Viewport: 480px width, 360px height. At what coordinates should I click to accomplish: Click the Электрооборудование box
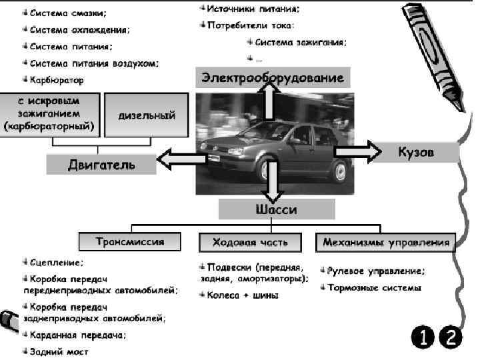pyautogui.click(x=272, y=78)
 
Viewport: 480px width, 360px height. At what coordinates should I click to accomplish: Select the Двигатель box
pyautogui.click(x=101, y=164)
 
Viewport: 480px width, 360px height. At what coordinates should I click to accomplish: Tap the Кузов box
pyautogui.click(x=416, y=153)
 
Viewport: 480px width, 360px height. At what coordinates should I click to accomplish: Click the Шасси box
pyautogui.click(x=276, y=209)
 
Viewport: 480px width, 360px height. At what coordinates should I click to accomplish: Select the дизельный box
pyautogui.click(x=147, y=115)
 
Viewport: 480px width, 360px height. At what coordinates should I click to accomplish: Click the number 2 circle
pyautogui.click(x=450, y=337)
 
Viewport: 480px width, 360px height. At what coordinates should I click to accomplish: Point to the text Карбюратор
pyautogui.click(x=57, y=81)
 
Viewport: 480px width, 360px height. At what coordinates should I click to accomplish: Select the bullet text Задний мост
pyautogui.click(x=59, y=351)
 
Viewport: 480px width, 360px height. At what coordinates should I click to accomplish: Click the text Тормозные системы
pyautogui.click(x=374, y=289)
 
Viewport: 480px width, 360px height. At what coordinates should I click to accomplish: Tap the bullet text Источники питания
pyautogui.click(x=253, y=9)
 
